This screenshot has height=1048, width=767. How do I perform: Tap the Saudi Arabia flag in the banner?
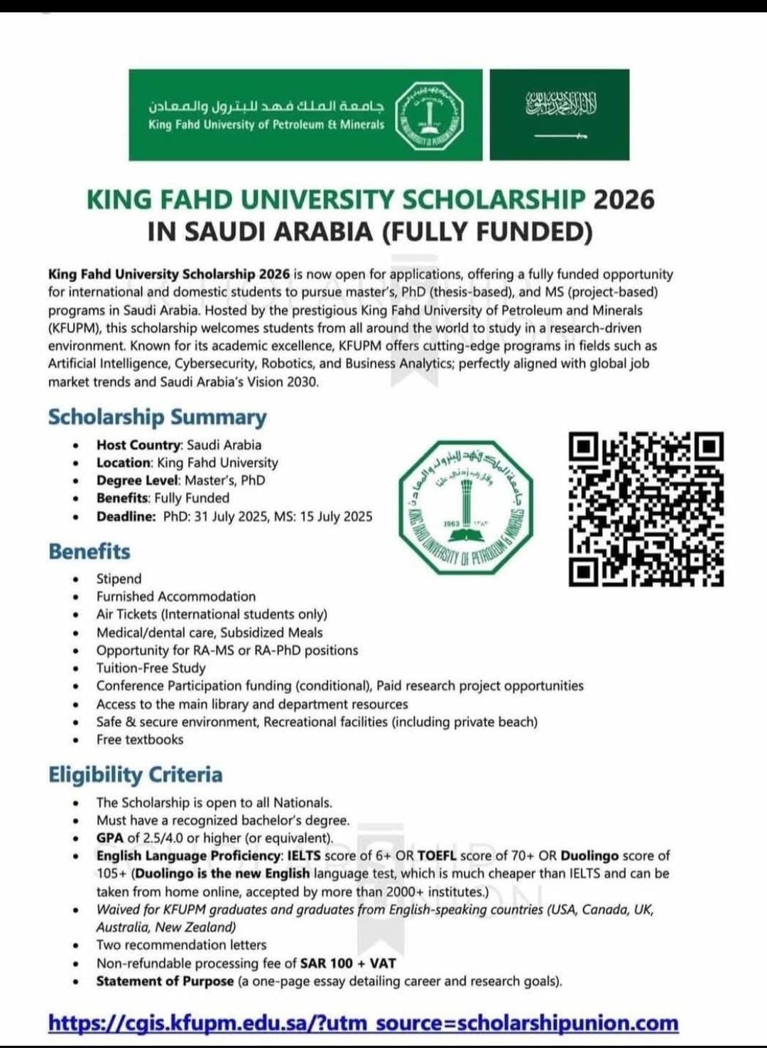coord(560,114)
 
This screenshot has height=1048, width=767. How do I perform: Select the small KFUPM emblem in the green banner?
coord(429,114)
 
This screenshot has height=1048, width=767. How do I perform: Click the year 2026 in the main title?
coord(623,200)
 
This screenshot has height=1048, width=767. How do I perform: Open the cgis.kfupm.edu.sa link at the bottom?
coord(363,1023)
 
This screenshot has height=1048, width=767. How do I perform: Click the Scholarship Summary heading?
coord(157,417)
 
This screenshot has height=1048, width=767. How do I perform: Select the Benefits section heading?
coord(89,552)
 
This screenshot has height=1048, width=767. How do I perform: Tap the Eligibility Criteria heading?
coord(135,775)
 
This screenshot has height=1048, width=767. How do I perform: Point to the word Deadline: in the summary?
coord(126,516)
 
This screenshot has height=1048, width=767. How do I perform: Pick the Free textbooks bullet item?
coord(140,740)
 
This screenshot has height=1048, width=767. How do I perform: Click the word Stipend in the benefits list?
coord(119,579)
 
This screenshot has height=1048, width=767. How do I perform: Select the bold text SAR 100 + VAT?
coord(348,964)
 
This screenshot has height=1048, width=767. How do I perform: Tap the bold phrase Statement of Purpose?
coord(165,981)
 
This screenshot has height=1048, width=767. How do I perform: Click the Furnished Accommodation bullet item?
coord(176,596)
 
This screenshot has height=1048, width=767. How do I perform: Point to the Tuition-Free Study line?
coord(151,668)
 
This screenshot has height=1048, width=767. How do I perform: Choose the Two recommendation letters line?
coord(181,945)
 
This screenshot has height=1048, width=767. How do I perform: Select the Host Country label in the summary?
coord(139,445)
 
